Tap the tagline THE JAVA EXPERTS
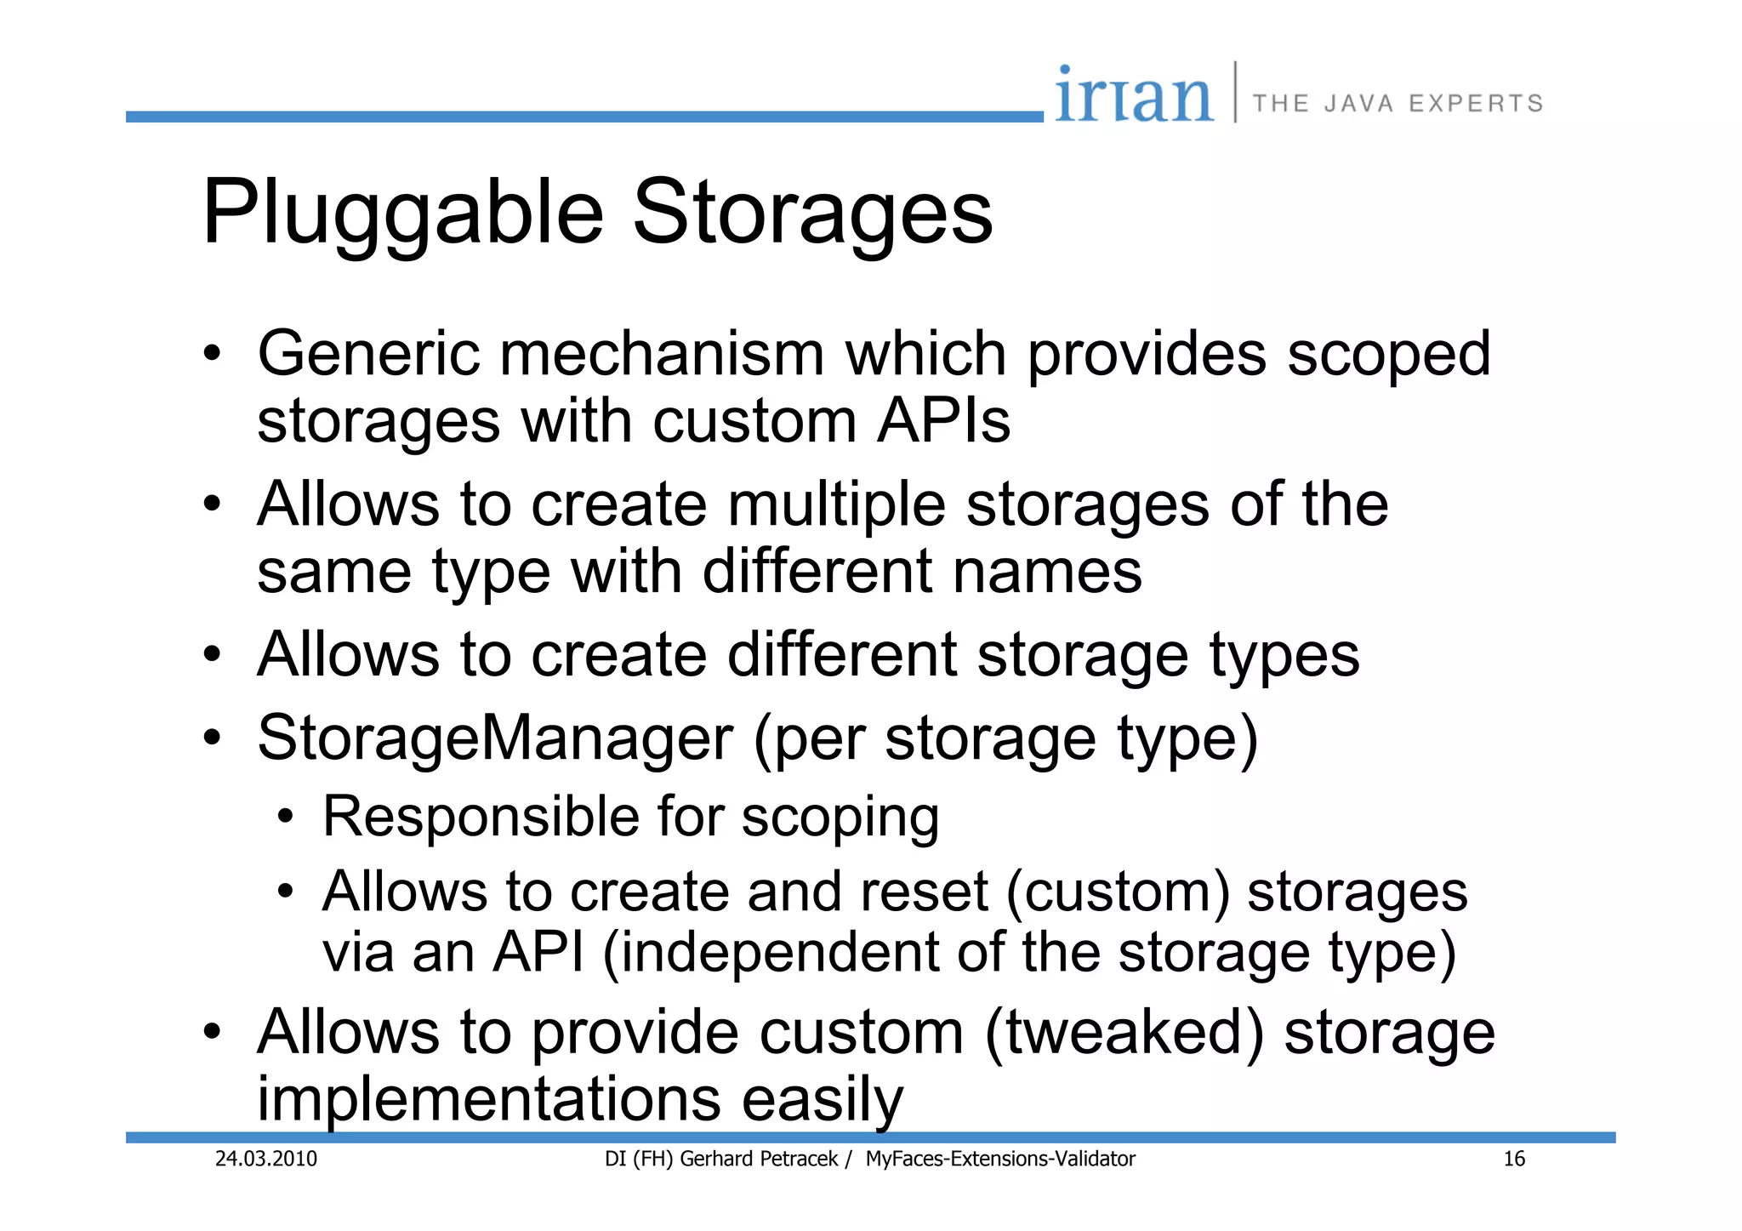click(x=1398, y=104)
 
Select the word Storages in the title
click(x=812, y=213)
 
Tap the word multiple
click(x=836, y=504)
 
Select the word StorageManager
click(x=495, y=738)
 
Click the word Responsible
click(x=481, y=817)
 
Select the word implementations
click(x=489, y=1099)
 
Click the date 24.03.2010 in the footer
click(x=265, y=1159)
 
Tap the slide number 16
click(x=1514, y=1159)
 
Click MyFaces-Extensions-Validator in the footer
click(x=1000, y=1159)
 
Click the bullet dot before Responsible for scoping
click(x=286, y=818)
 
